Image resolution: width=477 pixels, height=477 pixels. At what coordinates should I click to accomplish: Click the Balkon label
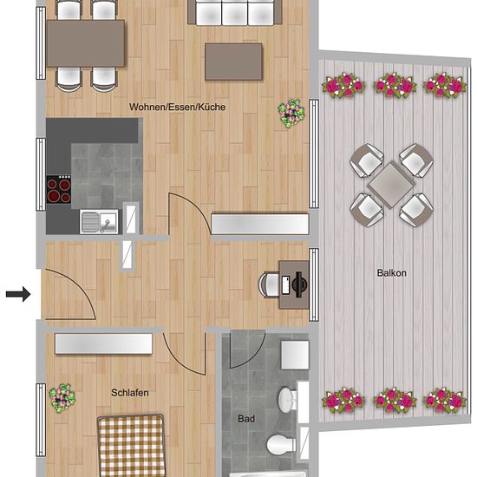[391, 273]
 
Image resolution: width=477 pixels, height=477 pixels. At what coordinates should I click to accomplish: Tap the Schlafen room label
[130, 393]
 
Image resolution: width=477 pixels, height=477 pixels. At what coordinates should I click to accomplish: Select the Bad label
[246, 419]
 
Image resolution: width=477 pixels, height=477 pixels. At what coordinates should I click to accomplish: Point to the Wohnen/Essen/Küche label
[177, 107]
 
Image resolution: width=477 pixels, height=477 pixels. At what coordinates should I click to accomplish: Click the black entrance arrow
[18, 294]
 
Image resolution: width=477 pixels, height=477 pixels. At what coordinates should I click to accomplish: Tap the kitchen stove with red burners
[58, 190]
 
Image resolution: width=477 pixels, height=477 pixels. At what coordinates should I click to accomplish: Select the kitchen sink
[99, 221]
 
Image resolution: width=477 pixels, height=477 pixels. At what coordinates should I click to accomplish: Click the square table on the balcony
[391, 185]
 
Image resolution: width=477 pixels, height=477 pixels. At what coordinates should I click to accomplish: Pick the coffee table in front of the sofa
[233, 62]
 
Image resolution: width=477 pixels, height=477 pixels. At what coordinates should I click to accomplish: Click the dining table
[86, 43]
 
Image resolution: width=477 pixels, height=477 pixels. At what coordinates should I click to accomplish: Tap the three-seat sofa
[234, 12]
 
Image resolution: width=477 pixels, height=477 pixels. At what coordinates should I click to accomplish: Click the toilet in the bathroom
[281, 444]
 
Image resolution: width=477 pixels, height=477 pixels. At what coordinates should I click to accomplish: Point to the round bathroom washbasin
[287, 400]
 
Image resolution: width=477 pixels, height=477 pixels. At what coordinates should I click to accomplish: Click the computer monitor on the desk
[300, 284]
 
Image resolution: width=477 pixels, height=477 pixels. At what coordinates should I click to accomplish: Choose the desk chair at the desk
[269, 284]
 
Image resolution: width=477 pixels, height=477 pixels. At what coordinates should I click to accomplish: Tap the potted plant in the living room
[291, 114]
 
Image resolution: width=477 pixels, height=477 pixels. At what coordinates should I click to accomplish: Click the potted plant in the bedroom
[62, 398]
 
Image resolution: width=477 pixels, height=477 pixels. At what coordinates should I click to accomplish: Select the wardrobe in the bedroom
[103, 343]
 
